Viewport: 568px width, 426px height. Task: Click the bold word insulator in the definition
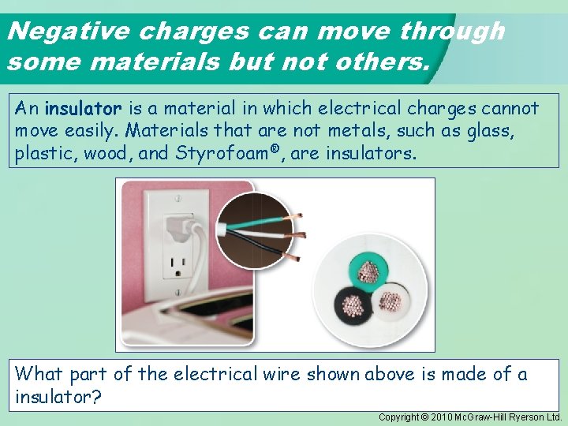(x=83, y=108)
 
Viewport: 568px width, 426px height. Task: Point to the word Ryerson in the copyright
(x=524, y=417)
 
